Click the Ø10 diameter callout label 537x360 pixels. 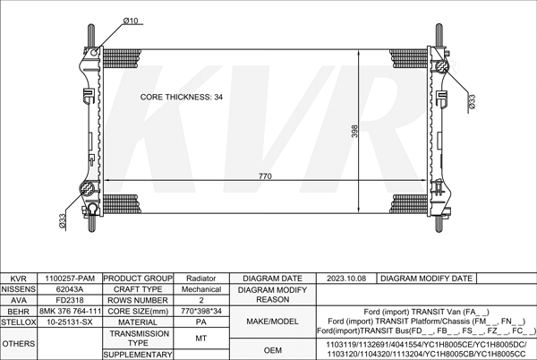point(131,21)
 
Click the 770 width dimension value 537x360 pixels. point(265,176)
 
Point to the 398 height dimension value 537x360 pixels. point(354,131)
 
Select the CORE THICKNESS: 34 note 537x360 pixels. point(182,97)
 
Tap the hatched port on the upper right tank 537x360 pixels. point(442,66)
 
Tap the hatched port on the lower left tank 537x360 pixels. point(87,189)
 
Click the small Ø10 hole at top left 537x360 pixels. point(95,52)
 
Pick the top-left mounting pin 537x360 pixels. point(91,35)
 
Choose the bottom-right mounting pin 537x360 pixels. point(439,224)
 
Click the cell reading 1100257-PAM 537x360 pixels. point(70,279)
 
